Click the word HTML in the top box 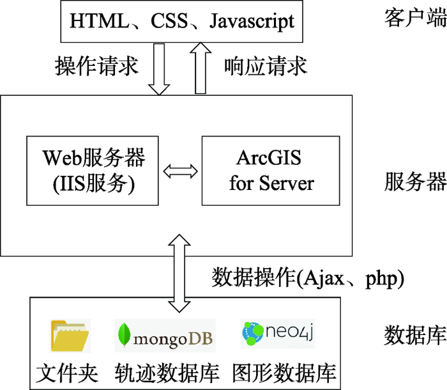(99, 20)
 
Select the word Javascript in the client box (252, 22)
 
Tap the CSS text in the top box (169, 20)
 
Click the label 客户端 (415, 18)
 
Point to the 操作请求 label (96, 66)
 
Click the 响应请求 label (266, 66)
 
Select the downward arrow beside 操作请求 (159, 69)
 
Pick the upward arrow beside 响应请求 (201, 68)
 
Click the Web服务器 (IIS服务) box (93, 171)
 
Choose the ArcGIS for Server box (271, 171)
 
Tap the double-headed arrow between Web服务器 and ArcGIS (181, 171)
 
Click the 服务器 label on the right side (415, 182)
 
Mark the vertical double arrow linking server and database (179, 273)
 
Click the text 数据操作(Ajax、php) (308, 278)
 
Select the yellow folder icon (70, 336)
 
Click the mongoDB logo (165, 336)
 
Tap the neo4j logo (278, 334)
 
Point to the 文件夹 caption (67, 373)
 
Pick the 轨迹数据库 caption (167, 373)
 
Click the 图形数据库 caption (284, 373)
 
